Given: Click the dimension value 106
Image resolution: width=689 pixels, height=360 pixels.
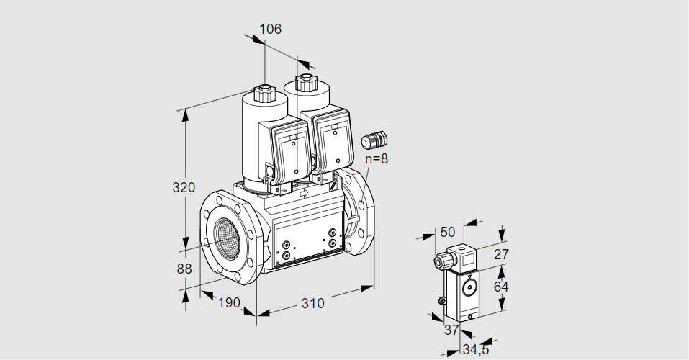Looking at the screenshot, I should pyautogui.click(x=270, y=30).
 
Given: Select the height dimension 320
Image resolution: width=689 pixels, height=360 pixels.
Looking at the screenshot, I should pyautogui.click(x=184, y=188).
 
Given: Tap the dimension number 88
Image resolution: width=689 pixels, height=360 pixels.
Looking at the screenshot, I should pyautogui.click(x=184, y=269).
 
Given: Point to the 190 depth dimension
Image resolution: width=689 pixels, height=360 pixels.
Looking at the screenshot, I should pyautogui.click(x=229, y=303).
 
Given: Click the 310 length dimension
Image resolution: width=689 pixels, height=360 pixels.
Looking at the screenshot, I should pyautogui.click(x=312, y=303).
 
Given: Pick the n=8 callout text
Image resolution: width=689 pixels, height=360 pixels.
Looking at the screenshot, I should pyautogui.click(x=376, y=159).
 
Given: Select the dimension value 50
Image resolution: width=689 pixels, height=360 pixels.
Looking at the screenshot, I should pyautogui.click(x=448, y=232).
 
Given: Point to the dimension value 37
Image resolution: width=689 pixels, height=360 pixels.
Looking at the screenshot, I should pyautogui.click(x=451, y=330).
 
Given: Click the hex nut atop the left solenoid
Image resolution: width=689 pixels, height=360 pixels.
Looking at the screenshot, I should pyautogui.click(x=264, y=93).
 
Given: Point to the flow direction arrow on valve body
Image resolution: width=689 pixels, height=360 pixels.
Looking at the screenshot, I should pyautogui.click(x=303, y=193).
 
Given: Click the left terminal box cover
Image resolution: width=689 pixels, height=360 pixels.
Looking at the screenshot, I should pyautogui.click(x=291, y=151).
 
